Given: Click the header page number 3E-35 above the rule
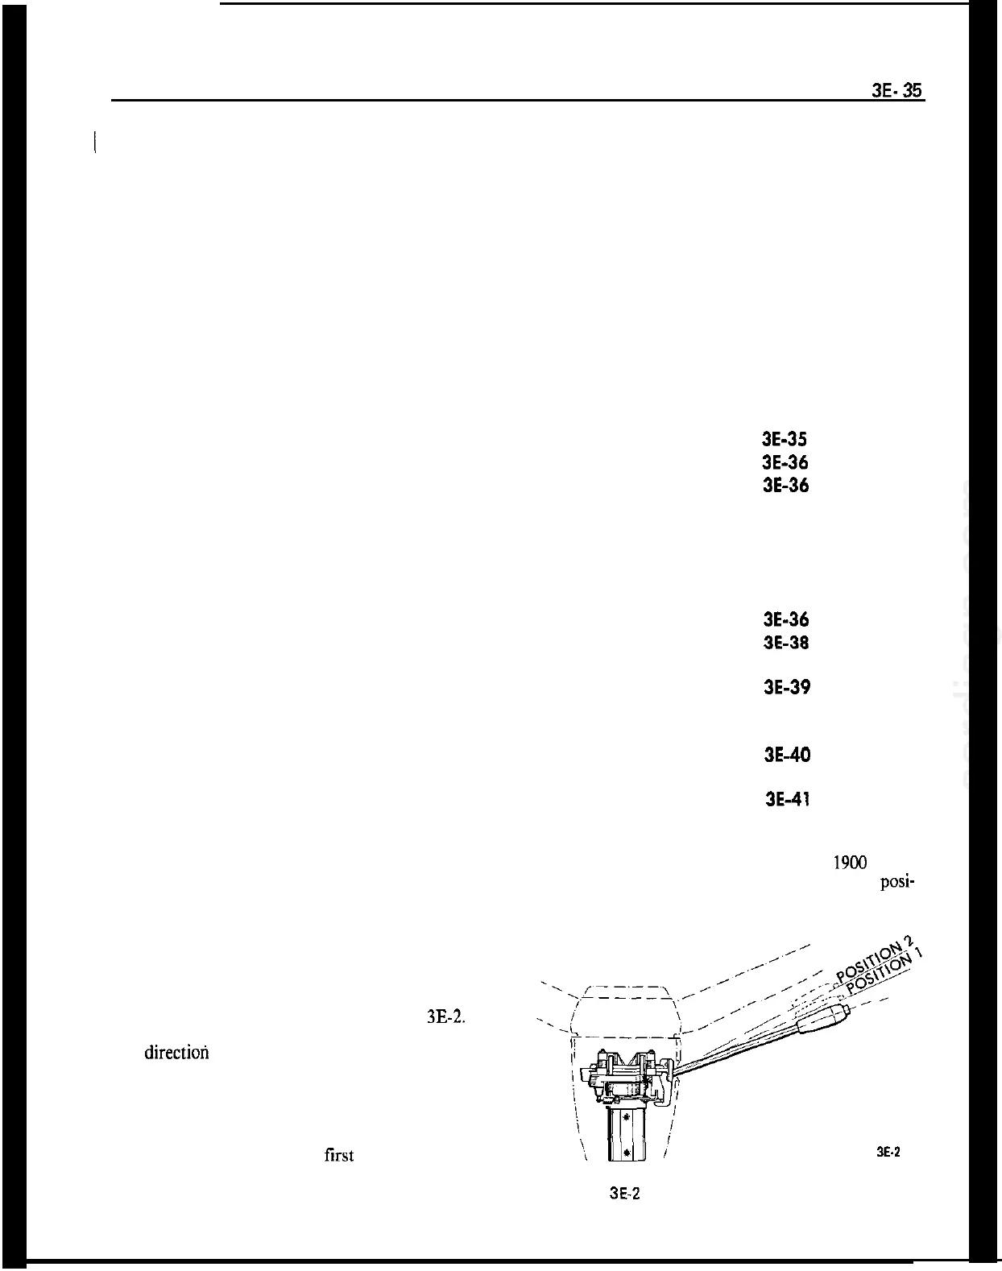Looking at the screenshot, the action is (x=897, y=91).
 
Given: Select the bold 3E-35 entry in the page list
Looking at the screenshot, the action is (x=785, y=440).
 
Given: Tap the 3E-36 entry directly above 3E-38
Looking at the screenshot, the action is (x=785, y=619).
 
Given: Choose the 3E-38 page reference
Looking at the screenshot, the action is (x=785, y=643).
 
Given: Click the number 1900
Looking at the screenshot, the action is (x=848, y=863).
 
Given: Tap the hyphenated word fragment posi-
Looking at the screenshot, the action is (x=896, y=882).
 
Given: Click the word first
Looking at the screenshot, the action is (x=338, y=1155).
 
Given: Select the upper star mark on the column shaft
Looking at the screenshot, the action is (x=626, y=1116).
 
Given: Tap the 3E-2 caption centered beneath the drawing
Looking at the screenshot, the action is (x=624, y=1194).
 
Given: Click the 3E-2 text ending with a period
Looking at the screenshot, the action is (x=445, y=1016).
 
